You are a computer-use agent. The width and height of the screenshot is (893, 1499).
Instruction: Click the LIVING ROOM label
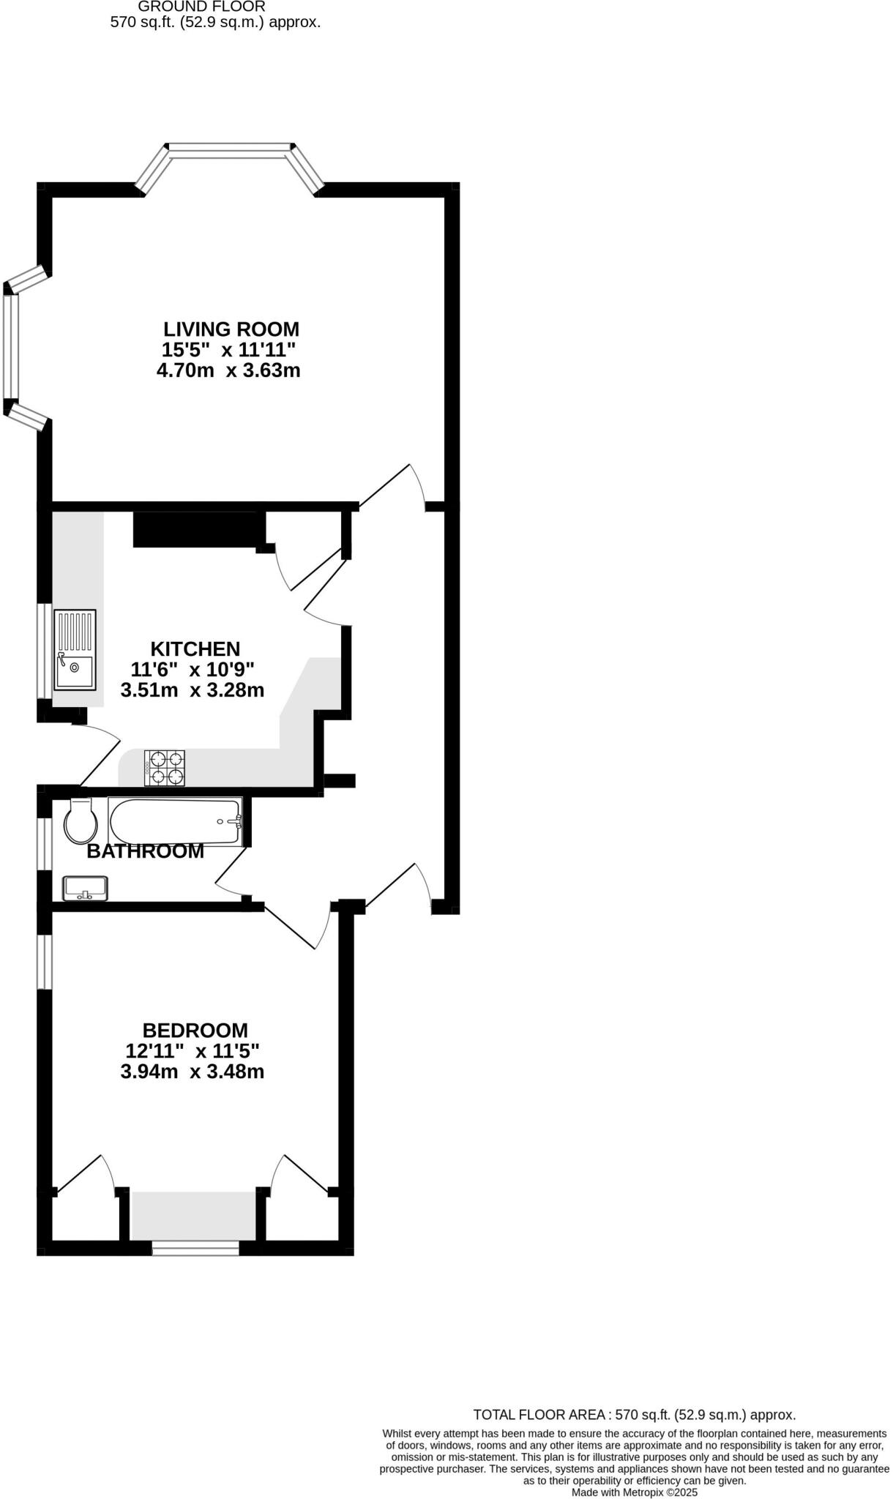point(231,329)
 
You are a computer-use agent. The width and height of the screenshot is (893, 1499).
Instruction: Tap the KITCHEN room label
point(195,649)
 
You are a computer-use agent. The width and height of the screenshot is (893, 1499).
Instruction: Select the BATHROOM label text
point(145,851)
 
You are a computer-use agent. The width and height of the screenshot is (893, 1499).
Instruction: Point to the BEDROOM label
point(195,1031)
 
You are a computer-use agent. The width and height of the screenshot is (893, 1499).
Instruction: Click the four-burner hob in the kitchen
point(165,768)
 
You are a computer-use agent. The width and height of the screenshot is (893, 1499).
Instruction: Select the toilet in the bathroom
point(81,821)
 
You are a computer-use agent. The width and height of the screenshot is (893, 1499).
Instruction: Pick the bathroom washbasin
point(85,889)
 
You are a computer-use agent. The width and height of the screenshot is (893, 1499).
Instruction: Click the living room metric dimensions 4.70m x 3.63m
point(228,370)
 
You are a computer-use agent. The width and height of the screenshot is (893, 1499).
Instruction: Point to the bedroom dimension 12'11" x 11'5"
point(193,1051)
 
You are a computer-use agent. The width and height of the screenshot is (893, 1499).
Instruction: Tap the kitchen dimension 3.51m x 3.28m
point(192,690)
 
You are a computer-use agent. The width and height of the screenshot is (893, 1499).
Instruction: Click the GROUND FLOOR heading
point(201,7)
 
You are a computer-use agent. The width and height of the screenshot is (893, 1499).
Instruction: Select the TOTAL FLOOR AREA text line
point(634,1415)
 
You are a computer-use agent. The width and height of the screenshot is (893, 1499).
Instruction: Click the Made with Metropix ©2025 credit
point(634,1492)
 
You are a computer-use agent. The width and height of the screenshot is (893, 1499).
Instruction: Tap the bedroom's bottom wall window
point(195,1248)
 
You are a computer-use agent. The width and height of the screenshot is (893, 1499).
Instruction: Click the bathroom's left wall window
point(44,843)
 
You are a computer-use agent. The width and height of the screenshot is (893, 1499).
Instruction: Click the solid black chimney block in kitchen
point(198,529)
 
